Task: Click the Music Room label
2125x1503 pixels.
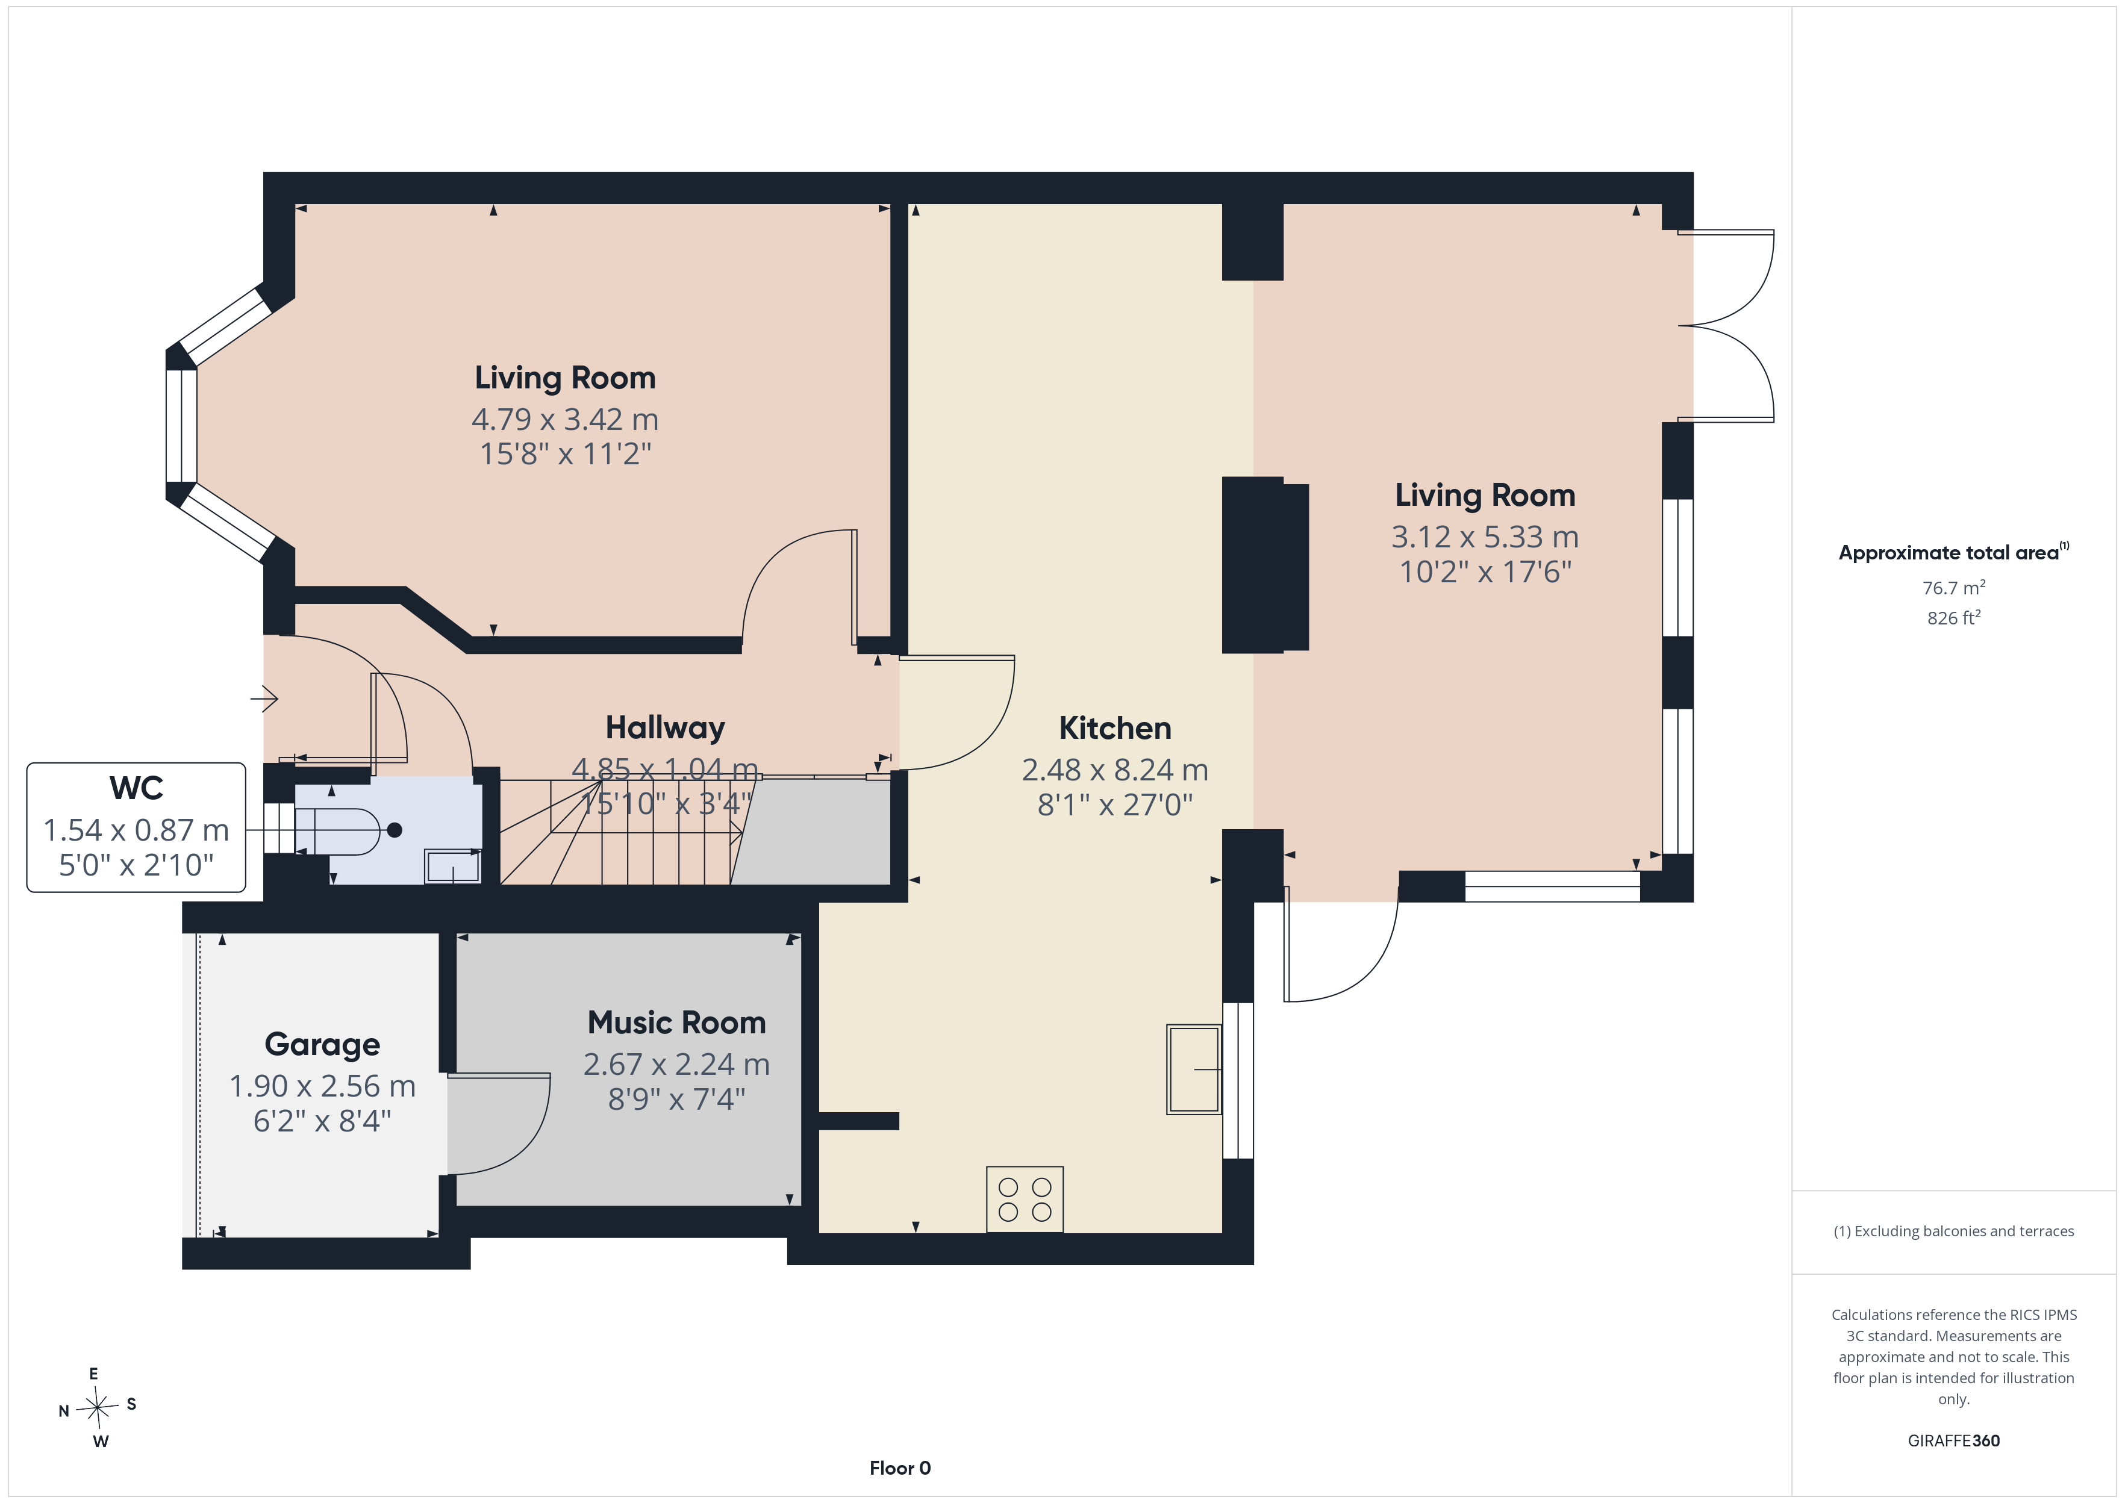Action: [x=676, y=1022]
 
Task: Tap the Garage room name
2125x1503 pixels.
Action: [x=322, y=1045]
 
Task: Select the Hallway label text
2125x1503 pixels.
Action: [x=666, y=729]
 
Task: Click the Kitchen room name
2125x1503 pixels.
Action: [x=1116, y=729]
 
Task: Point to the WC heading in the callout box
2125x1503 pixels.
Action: [x=136, y=788]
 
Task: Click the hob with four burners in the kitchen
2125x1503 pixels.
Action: [x=1025, y=1200]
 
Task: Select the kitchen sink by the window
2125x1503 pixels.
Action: [x=1194, y=1069]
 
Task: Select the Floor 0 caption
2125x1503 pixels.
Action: [x=900, y=1468]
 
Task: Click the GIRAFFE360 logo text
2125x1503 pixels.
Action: [x=1954, y=1441]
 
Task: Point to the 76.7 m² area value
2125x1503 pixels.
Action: [x=1954, y=588]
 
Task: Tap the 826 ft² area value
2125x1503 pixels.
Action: [x=1954, y=617]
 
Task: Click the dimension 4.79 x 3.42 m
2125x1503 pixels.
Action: [x=564, y=419]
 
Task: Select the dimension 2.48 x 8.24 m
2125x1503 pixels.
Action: [x=1116, y=770]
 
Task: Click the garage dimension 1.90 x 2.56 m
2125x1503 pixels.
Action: [x=322, y=1086]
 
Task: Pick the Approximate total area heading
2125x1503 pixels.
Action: [x=1954, y=553]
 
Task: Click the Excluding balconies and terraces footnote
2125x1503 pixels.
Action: [x=1954, y=1231]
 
